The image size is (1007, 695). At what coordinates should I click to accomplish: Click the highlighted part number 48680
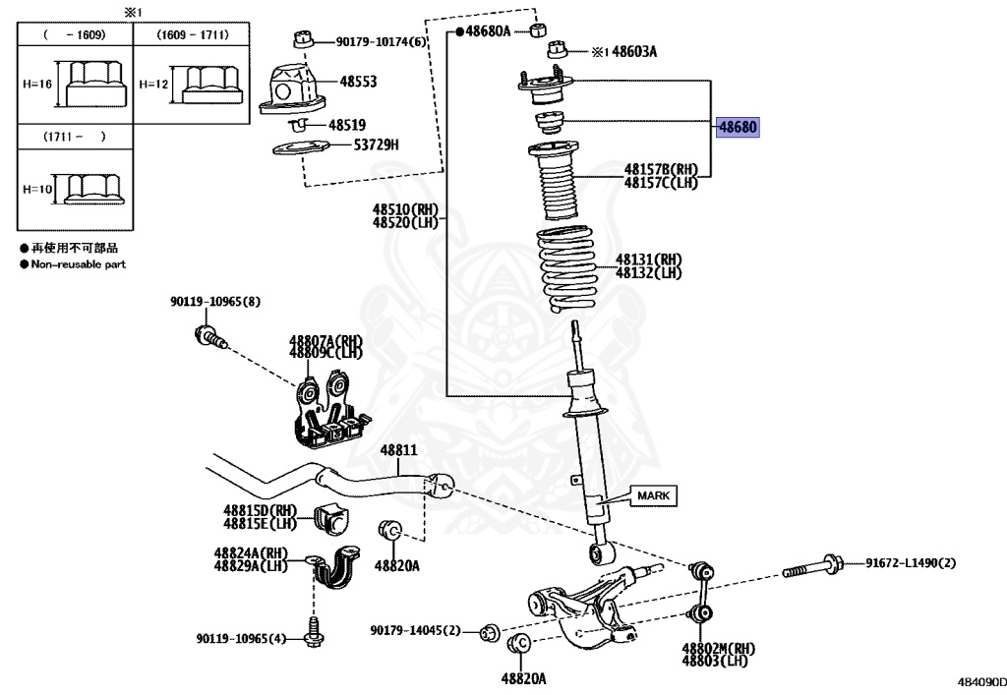click(x=738, y=128)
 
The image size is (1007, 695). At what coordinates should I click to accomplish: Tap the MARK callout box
click(x=652, y=495)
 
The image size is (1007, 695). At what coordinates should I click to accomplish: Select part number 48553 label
click(x=359, y=83)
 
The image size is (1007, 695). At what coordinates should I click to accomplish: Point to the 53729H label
click(x=377, y=145)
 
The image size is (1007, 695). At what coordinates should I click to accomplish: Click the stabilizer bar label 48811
click(x=399, y=450)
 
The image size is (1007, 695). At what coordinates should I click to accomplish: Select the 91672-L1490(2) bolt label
click(x=911, y=563)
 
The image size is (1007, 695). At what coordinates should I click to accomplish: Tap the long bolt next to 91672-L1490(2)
click(x=811, y=567)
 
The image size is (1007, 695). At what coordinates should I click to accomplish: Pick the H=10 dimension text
click(x=38, y=189)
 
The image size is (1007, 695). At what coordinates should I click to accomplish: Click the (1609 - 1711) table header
click(x=193, y=34)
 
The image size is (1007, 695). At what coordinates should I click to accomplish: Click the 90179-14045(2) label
click(x=415, y=630)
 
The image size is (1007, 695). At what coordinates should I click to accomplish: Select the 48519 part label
click(x=347, y=126)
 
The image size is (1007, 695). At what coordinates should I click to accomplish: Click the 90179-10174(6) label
click(x=382, y=42)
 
